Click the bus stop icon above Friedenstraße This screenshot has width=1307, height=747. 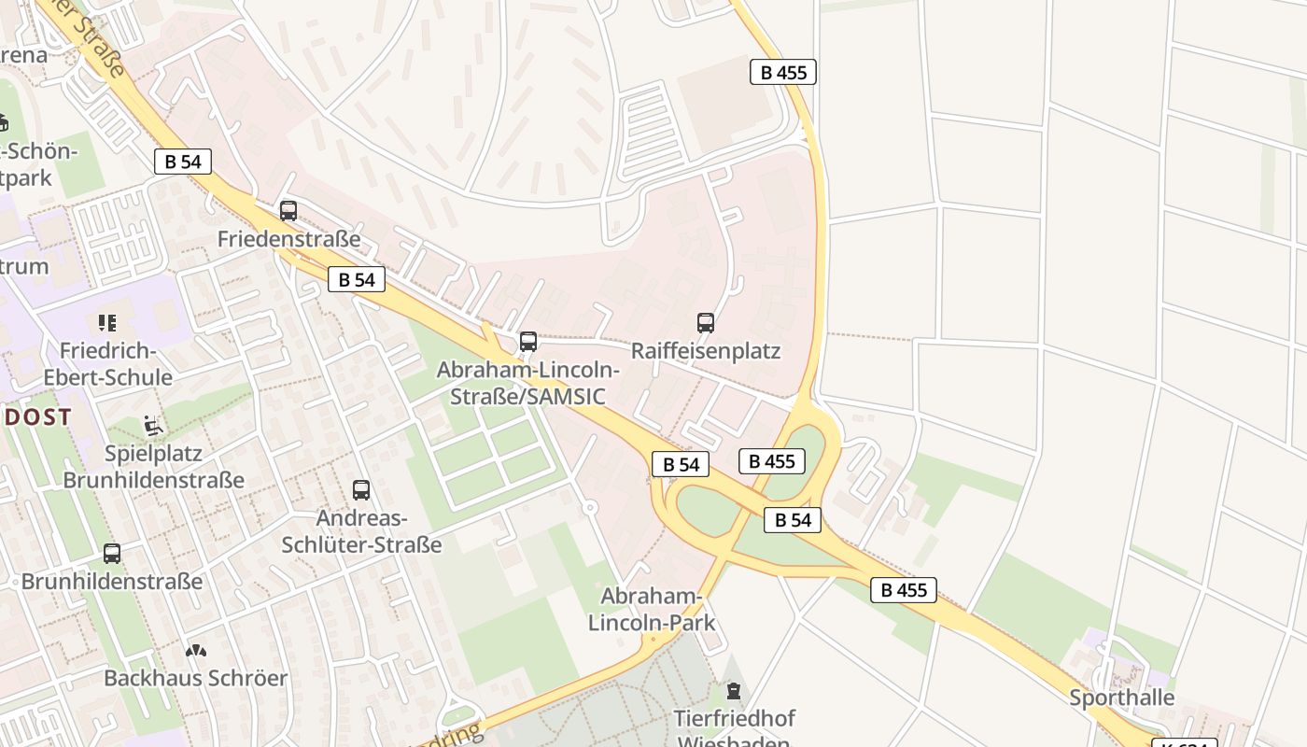(288, 211)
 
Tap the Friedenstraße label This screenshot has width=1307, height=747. (288, 240)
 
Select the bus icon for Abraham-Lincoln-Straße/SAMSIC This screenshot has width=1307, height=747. (528, 342)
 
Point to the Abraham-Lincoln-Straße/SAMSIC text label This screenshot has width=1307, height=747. (528, 383)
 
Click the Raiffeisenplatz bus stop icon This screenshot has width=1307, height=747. (706, 323)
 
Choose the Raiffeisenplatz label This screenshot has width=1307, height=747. (706, 351)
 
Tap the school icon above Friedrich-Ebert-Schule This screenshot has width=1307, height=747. (107, 323)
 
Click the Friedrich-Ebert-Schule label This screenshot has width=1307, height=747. (107, 364)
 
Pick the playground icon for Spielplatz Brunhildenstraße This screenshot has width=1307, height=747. (153, 426)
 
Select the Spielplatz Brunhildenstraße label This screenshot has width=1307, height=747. (153, 467)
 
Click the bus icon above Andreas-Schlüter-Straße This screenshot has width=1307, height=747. (361, 489)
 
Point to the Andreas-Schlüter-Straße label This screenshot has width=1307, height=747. (361, 531)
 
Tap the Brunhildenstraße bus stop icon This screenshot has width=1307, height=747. (112, 553)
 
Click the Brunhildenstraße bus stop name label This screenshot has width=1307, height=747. (112, 582)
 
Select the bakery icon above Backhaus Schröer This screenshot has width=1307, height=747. (195, 650)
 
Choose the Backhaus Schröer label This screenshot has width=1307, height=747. (195, 679)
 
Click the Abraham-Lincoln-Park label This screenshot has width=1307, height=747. (652, 609)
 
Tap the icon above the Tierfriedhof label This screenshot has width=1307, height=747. (734, 691)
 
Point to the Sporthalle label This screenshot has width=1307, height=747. (1121, 698)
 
